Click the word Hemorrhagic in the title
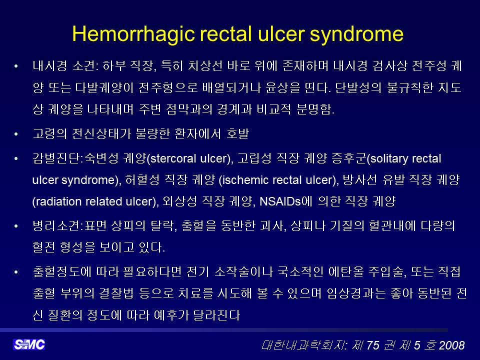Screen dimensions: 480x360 [x=133, y=34]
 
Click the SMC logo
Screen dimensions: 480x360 [x=29, y=344]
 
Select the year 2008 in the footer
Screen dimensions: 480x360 [x=451, y=345]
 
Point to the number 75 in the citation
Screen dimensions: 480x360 [x=373, y=345]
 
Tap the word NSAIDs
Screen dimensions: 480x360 [x=280, y=201]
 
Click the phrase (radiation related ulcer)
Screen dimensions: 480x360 [x=95, y=201]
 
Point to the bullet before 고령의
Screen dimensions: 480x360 [x=16, y=134]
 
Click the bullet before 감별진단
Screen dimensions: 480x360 [x=16, y=158]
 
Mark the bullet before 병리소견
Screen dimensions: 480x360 [x=16, y=226]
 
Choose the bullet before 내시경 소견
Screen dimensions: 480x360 [x=16, y=66]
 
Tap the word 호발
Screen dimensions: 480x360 [x=237, y=134]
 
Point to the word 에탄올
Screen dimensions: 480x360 [x=346, y=272]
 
